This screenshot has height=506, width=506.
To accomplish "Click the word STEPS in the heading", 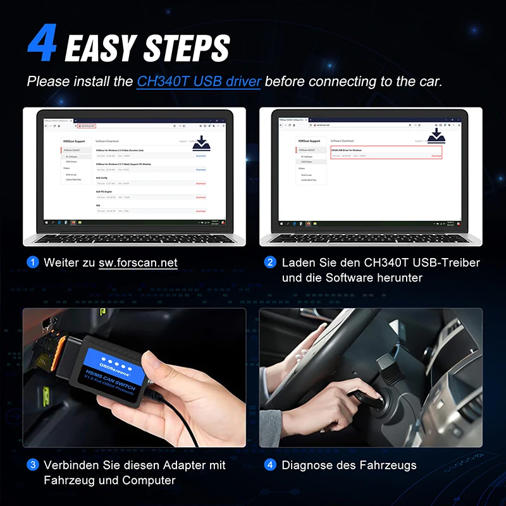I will tap(187, 47).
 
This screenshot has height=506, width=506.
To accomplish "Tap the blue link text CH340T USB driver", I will tap(199, 82).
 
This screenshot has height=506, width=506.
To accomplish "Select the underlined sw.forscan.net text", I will tap(138, 262).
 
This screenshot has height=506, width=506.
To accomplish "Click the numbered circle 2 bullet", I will tap(270, 262).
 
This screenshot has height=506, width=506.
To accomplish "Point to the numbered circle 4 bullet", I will tap(270, 465).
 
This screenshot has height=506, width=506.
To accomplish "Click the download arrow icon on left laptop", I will tap(201, 142).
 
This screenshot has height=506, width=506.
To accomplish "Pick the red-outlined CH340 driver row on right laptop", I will tap(386, 152).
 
